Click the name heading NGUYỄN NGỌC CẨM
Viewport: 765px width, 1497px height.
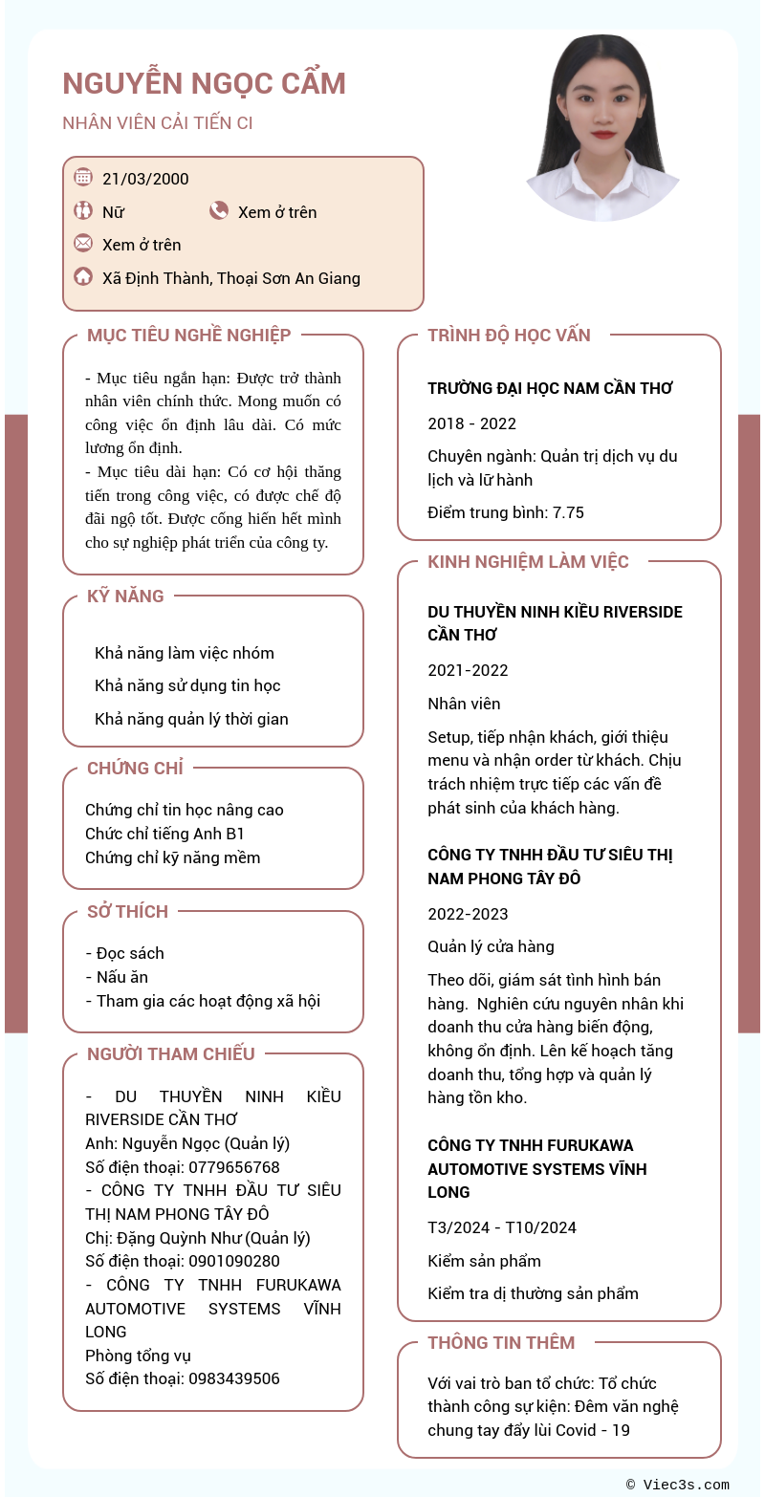[x=204, y=84]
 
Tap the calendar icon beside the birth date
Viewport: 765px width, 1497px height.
[x=83, y=177]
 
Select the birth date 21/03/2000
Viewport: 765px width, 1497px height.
[x=145, y=179]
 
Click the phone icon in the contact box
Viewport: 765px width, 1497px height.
[x=219, y=210]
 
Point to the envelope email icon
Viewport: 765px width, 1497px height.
[x=83, y=243]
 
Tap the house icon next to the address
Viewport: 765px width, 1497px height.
[x=83, y=277]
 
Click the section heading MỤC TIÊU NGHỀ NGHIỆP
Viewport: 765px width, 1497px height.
[x=188, y=336]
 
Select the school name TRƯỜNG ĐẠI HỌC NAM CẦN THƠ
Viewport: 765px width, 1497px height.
[x=550, y=388]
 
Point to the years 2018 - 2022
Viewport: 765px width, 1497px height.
[x=471, y=423]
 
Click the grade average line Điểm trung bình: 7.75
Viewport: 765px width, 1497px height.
[x=505, y=512]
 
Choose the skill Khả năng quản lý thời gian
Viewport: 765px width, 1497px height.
[x=191, y=719]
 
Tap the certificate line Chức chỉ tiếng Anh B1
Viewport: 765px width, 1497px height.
[x=165, y=834]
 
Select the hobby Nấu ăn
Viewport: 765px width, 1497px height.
[x=121, y=977]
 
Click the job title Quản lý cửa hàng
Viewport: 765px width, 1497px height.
[x=491, y=946]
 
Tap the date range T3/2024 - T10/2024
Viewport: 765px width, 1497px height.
[x=502, y=1227]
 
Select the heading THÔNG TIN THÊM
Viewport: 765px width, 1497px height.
[x=501, y=1342]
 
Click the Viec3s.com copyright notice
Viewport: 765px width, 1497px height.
[x=678, y=1485]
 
